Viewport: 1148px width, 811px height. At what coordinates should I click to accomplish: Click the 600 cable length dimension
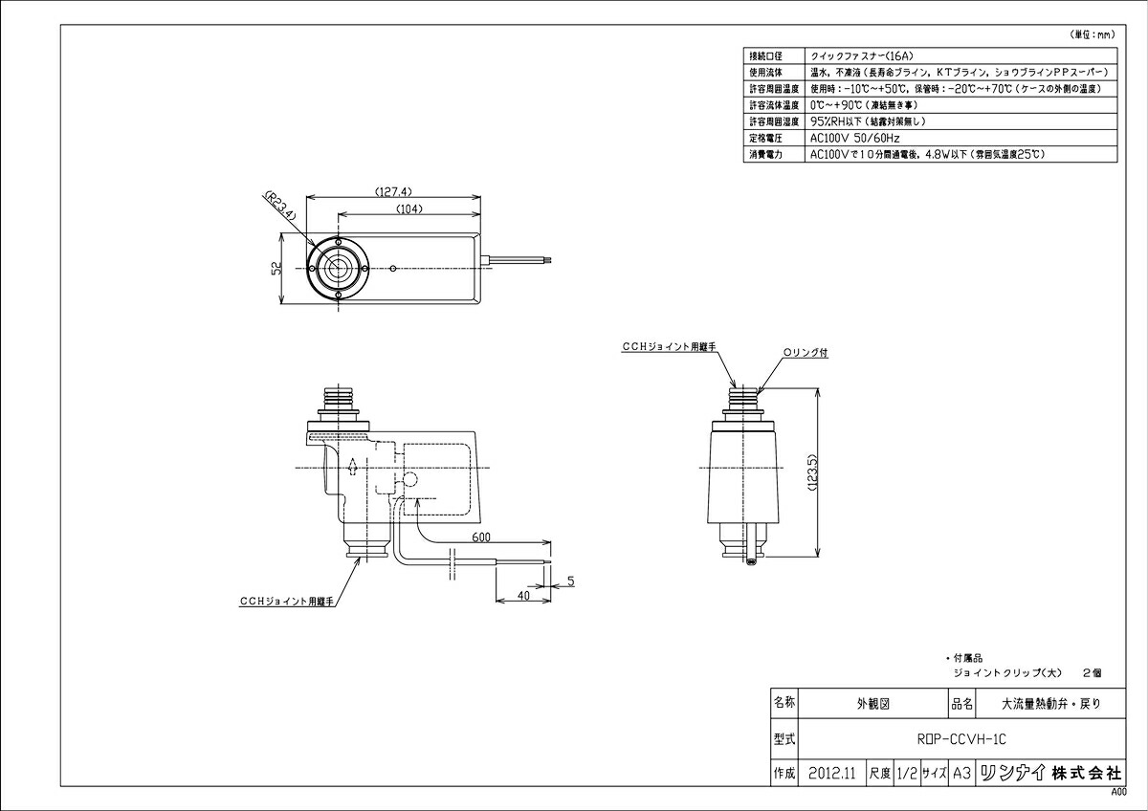[480, 538]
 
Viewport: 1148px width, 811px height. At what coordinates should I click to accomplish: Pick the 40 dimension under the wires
[522, 594]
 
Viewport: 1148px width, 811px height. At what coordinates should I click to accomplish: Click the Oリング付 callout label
[806, 352]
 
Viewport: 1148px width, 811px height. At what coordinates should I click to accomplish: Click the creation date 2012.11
[830, 772]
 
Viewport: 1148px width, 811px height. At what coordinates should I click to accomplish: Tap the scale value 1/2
[907, 772]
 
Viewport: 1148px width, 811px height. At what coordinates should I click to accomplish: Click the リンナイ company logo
[1010, 772]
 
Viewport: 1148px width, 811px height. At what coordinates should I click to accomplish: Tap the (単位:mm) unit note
[1091, 34]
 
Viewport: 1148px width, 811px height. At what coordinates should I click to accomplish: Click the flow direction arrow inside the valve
[353, 468]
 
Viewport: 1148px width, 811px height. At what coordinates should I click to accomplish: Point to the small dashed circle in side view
[410, 479]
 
